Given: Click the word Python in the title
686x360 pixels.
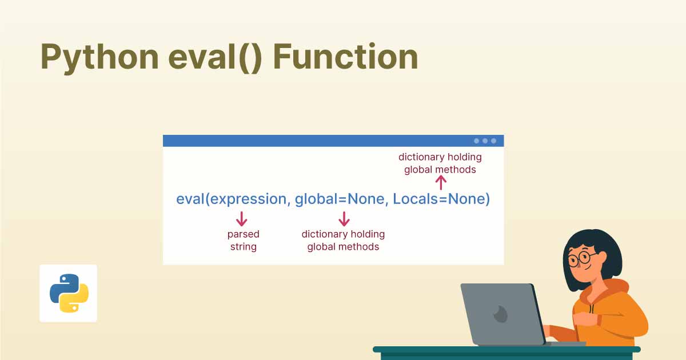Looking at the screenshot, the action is click(x=99, y=58).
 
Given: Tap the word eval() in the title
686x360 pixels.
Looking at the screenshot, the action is click(x=215, y=58).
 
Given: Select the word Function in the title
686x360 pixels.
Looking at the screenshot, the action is click(x=345, y=57).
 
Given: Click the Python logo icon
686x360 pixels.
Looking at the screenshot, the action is click(x=69, y=293).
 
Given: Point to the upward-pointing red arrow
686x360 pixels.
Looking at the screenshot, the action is click(x=441, y=183).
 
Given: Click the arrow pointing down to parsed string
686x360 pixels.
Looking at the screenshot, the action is click(x=242, y=218).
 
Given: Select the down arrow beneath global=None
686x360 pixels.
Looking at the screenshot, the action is click(x=344, y=218).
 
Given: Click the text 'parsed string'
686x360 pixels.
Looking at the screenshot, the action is click(x=244, y=241).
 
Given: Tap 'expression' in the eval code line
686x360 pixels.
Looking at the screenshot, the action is click(x=248, y=199).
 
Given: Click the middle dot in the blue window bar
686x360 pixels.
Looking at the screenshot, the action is click(x=485, y=141).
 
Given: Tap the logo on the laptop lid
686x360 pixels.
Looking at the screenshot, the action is click(x=501, y=314).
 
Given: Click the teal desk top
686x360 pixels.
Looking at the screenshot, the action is click(x=506, y=349).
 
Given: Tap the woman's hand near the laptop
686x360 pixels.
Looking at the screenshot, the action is click(x=585, y=320).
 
